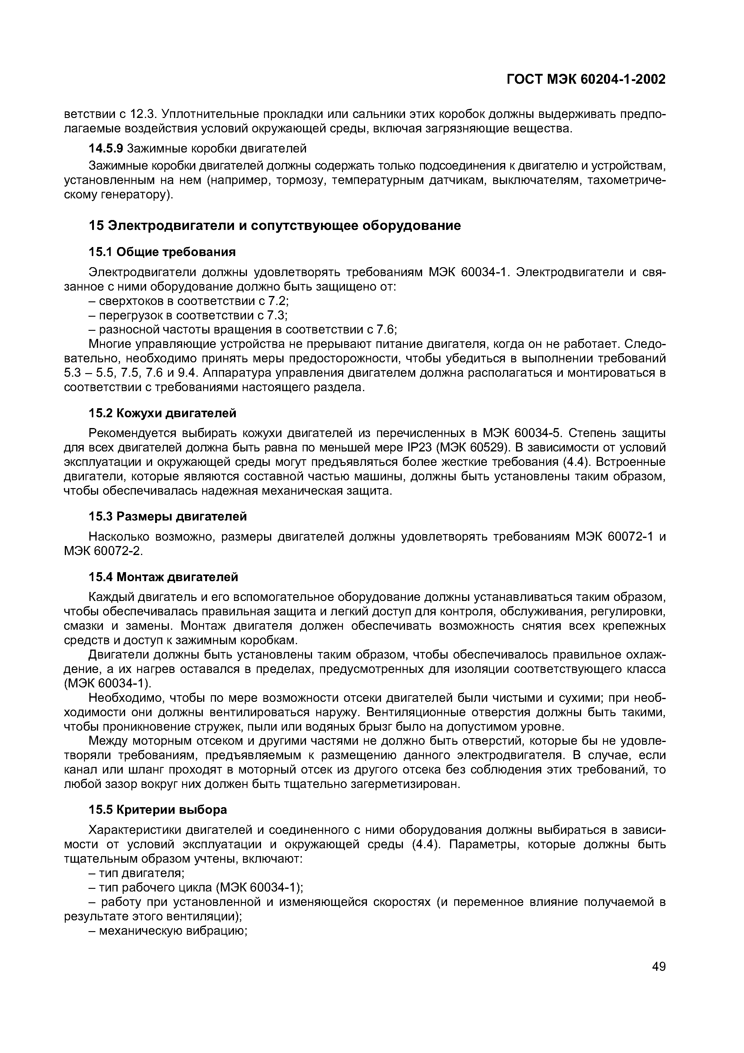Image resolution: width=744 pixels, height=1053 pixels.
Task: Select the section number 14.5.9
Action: click(x=106, y=148)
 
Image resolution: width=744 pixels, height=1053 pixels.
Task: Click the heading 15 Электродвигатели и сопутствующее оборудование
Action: click(x=274, y=226)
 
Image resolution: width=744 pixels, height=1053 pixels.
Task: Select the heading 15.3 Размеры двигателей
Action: click(x=167, y=516)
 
